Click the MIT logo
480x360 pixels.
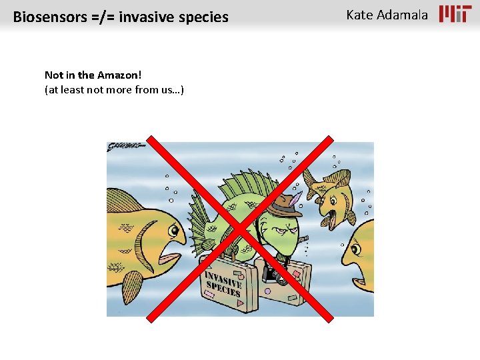pos(455,14)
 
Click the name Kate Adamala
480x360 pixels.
pos(387,15)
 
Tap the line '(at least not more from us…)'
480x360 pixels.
pos(114,89)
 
